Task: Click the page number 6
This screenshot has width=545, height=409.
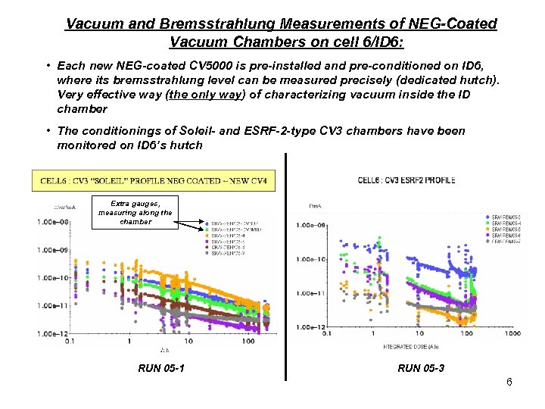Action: point(509,382)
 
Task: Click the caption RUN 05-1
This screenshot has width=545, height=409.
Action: point(160,369)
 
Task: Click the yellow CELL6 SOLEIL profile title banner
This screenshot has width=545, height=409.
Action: point(154,180)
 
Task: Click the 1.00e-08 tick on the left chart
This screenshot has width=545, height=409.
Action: point(51,222)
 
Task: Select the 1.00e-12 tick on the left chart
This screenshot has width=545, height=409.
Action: point(51,333)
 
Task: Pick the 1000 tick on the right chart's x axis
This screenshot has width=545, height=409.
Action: point(512,333)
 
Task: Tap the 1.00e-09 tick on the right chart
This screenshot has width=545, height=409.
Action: point(309,225)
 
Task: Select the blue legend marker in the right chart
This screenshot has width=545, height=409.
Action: point(486,217)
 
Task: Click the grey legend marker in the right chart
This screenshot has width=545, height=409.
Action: point(486,242)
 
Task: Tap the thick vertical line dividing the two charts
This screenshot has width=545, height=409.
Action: point(286,265)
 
